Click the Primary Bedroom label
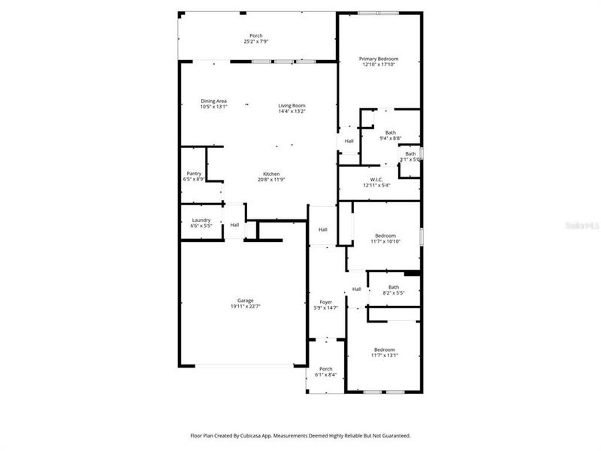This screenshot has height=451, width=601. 378,59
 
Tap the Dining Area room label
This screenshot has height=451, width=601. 213,101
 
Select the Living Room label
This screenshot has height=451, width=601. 291,105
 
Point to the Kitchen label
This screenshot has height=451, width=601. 271,174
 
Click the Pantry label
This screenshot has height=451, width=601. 194,174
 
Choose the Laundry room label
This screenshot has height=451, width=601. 201,219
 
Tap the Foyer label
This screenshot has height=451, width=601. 326,302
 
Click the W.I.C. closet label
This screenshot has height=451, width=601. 376,179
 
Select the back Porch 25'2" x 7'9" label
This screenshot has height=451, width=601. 256,35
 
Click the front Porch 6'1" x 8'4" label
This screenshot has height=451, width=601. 326,368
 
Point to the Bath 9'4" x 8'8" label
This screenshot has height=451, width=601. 391,132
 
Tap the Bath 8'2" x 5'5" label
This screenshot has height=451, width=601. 394,286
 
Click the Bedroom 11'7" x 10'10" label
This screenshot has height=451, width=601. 385,235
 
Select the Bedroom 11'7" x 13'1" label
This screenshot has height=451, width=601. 385,350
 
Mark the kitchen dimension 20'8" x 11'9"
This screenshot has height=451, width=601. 271,179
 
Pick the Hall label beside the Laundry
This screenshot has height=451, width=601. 234,225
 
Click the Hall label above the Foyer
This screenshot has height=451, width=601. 323,229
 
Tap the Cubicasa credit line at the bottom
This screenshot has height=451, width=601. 299,435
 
